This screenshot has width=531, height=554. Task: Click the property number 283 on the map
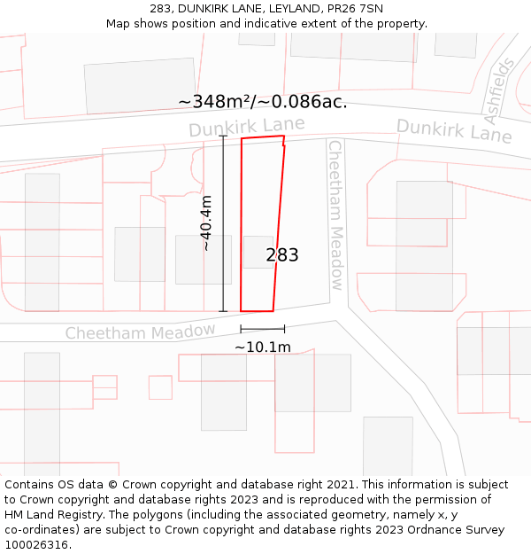pos(282,255)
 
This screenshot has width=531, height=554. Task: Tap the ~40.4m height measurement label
pos(206,223)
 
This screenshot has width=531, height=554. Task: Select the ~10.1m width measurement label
pos(262,347)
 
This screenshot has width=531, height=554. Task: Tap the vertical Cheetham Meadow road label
pos(335,215)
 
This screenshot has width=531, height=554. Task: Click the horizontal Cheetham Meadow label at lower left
pos(140,332)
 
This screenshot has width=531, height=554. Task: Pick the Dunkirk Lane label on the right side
pos(454,130)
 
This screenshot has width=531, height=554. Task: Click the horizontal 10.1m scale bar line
pos(262,329)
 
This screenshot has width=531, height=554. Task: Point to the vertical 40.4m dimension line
pos(223,223)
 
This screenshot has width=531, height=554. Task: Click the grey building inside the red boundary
pos(258,252)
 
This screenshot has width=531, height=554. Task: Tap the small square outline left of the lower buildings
pos(160,387)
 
